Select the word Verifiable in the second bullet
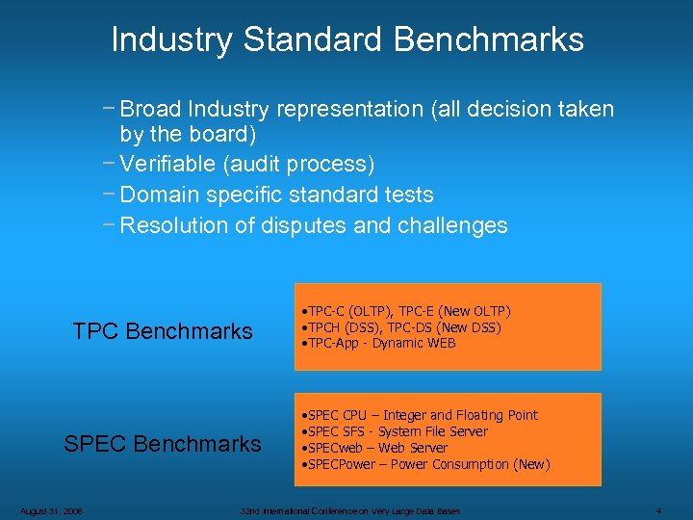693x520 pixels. click(x=168, y=164)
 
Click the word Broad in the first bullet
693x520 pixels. click(x=151, y=109)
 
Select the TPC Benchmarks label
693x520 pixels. click(x=163, y=331)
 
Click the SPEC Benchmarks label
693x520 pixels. click(x=163, y=444)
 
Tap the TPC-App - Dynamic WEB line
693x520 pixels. click(x=377, y=344)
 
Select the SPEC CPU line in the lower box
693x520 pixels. click(x=420, y=415)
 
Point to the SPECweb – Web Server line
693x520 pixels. click(x=373, y=448)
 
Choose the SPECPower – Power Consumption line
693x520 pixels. click(x=425, y=464)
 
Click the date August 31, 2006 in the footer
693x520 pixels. click(x=49, y=510)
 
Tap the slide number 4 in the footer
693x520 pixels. click(x=658, y=510)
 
